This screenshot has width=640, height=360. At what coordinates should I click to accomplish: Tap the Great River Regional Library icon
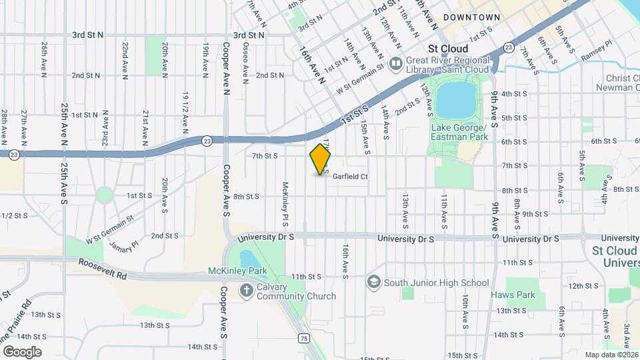click(x=396, y=64)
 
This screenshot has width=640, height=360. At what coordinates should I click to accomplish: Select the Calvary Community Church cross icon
click(x=247, y=290)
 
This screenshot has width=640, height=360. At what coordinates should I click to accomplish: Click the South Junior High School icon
click(x=373, y=283)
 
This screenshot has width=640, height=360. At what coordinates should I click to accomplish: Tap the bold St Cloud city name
click(x=448, y=49)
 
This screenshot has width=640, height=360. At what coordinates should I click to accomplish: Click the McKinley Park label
click(x=237, y=271)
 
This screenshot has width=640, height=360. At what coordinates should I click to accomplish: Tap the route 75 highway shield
click(x=303, y=338)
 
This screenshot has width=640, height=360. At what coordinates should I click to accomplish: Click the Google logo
click(x=22, y=351)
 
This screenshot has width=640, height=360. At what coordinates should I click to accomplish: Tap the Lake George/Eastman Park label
click(x=459, y=132)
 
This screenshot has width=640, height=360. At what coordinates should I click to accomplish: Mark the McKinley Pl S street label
click(x=285, y=203)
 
